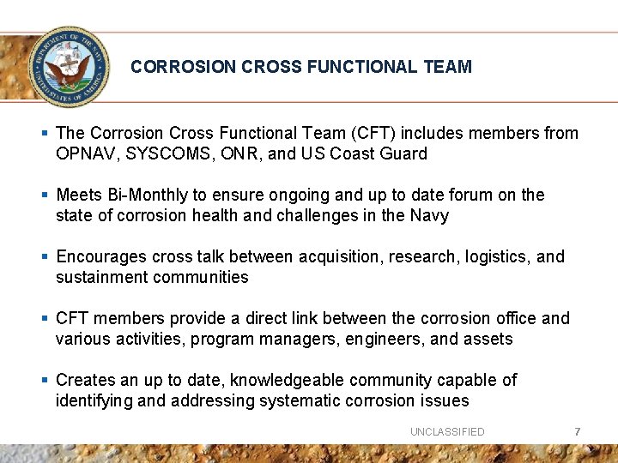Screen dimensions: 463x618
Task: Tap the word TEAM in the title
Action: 446,67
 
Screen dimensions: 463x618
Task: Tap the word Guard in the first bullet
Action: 403,154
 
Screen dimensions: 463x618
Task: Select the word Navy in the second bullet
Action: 428,216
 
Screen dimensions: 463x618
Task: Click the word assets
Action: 488,340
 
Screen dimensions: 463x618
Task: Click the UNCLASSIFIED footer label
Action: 447,432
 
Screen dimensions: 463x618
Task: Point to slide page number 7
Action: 578,431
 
